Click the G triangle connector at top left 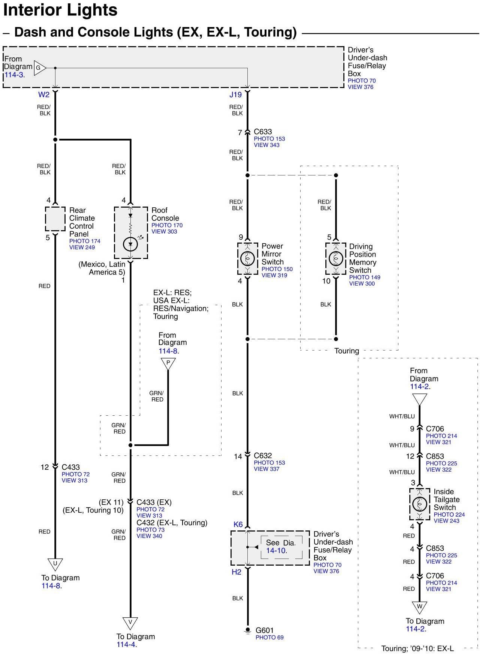tap(39, 68)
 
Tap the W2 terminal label tap(44, 94)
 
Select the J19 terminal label tap(236, 94)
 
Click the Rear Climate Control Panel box tap(55, 219)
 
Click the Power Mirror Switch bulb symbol tap(247, 258)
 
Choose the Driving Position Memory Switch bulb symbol tap(336, 259)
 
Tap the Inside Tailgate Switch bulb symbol tap(419, 504)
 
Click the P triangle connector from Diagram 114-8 tap(168, 363)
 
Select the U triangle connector tap(55, 563)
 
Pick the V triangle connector tap(130, 623)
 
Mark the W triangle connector tap(419, 607)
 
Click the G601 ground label tap(265, 630)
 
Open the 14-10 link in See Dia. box tap(276, 551)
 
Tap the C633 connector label tap(263, 132)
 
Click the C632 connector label tap(263, 455)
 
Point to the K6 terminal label tap(238, 524)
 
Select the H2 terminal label tap(237, 572)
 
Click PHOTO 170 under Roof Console tap(167, 225)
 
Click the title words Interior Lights tap(60, 10)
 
